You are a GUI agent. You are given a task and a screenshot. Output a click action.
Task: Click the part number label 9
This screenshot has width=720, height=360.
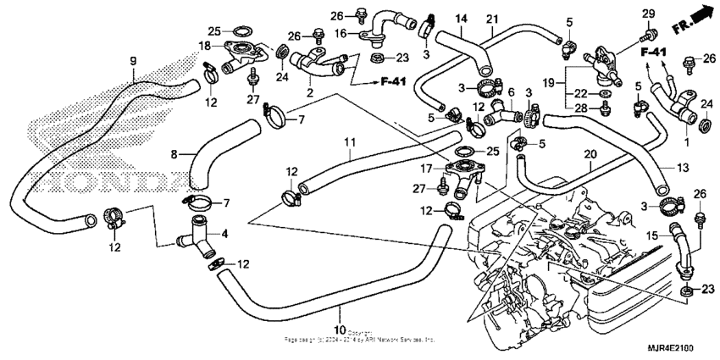[132, 60]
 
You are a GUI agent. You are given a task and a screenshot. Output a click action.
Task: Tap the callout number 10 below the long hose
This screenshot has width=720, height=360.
[339, 329]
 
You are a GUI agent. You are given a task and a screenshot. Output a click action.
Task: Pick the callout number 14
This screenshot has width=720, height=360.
[462, 19]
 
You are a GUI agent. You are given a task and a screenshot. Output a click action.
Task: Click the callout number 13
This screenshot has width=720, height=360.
[682, 169]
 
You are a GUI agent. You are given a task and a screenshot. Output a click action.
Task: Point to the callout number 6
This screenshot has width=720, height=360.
[510, 91]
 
